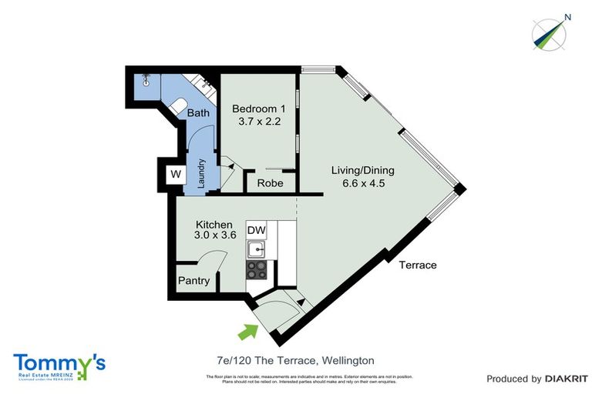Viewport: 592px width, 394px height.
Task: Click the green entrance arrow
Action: (x=247, y=332)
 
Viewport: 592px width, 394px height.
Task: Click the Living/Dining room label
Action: (x=358, y=170)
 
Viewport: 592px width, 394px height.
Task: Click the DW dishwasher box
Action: (x=256, y=231)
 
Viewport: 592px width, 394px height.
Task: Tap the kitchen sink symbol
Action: (x=255, y=249)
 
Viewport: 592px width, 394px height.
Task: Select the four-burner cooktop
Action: (x=256, y=269)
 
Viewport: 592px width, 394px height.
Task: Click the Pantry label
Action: (x=193, y=281)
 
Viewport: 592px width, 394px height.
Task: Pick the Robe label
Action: (x=270, y=184)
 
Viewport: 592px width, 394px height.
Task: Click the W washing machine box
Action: (x=176, y=175)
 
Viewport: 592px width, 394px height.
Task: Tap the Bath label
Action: (x=198, y=113)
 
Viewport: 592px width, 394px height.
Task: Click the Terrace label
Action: (x=418, y=265)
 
